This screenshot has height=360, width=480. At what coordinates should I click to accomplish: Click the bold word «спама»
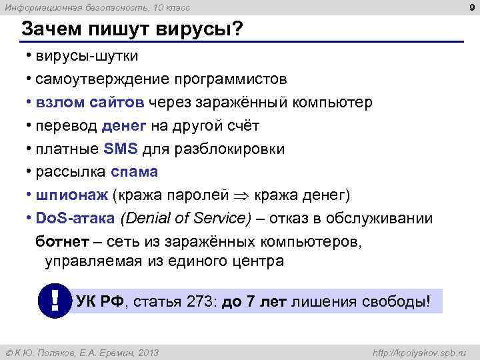click(134, 172)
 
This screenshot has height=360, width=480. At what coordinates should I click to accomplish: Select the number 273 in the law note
click(195, 301)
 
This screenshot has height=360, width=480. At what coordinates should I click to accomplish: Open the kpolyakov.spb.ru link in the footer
click(421, 352)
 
